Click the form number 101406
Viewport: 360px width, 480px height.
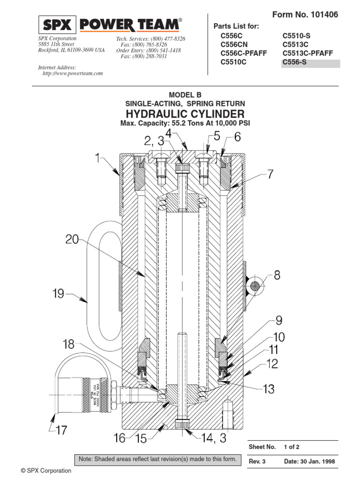321,15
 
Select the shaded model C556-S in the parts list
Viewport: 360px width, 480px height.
294,62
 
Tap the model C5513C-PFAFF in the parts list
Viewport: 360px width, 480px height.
307,53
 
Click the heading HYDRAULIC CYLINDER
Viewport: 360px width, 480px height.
185,114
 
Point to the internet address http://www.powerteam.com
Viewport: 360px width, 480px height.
73,74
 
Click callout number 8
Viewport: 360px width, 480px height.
277,275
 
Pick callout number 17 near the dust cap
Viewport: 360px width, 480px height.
61,429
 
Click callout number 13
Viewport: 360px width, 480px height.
268,389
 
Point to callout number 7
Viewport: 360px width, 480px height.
270,175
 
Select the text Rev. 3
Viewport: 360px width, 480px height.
257,461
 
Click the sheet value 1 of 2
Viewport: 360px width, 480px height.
292,447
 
